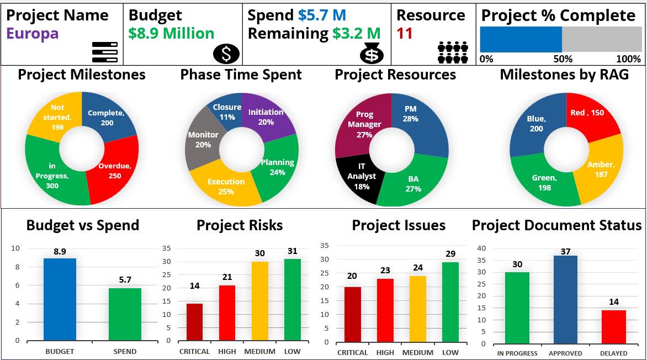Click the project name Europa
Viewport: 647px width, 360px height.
click(x=32, y=34)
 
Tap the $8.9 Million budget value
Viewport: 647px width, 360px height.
click(x=171, y=34)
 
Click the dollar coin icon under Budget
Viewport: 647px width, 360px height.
click(x=226, y=54)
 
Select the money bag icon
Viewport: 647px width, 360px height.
click(x=372, y=54)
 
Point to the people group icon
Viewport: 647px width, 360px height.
click(x=453, y=52)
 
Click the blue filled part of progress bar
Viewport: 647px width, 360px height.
click(x=521, y=39)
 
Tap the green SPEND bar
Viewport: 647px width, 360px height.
click(x=125, y=314)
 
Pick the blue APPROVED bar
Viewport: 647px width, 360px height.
click(x=565, y=299)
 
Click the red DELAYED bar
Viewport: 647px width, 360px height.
click(x=613, y=326)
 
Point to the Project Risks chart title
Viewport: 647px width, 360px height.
click(x=240, y=225)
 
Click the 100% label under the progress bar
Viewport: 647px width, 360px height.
click(x=628, y=59)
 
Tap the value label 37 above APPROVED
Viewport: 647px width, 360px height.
click(x=565, y=252)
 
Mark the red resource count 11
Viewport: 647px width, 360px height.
click(x=405, y=34)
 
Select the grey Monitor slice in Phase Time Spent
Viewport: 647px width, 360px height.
click(x=201, y=139)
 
